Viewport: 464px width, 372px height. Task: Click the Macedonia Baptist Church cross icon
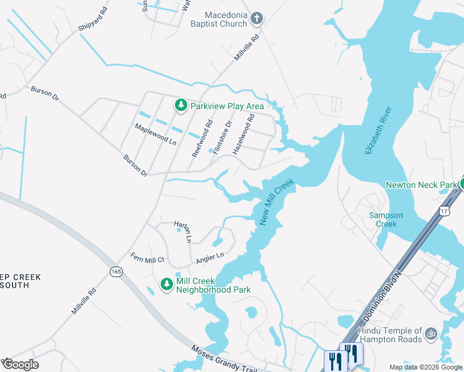(257, 20)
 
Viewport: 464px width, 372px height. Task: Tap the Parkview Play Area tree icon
(181, 106)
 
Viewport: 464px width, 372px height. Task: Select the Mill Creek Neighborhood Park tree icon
(166, 285)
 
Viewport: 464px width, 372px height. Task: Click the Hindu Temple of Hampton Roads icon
(431, 334)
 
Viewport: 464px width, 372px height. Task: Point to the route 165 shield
(116, 272)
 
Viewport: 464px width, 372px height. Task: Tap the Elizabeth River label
(378, 131)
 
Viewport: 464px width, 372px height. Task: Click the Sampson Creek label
(386, 219)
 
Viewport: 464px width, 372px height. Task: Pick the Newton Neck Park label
(421, 185)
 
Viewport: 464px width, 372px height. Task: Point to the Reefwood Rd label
(202, 139)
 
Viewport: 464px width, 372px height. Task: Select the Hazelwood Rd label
(243, 134)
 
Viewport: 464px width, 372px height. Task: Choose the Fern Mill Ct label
(147, 258)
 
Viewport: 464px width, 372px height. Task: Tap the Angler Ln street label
(210, 255)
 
